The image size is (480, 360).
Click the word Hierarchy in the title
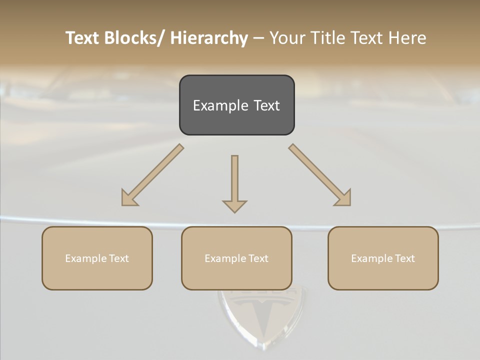209,38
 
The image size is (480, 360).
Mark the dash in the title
258,38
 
